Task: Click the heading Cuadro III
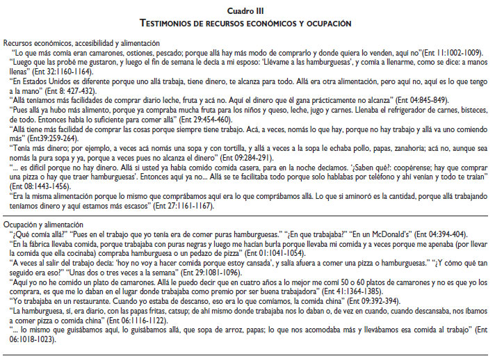coord(247,12)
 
